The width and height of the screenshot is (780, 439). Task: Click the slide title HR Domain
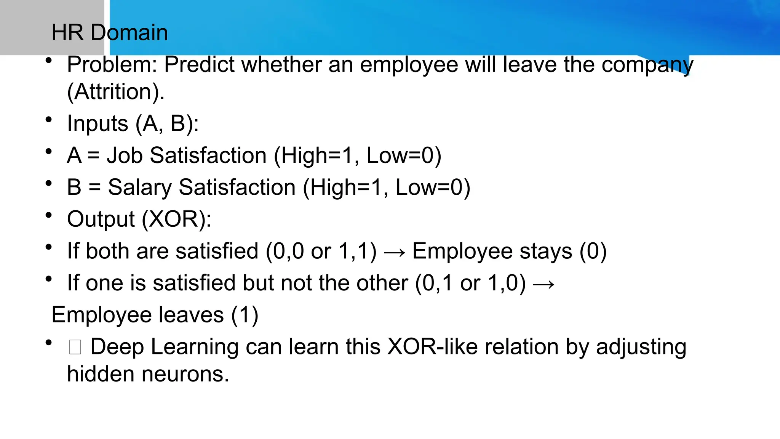click(109, 32)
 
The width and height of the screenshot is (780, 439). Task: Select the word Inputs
click(97, 124)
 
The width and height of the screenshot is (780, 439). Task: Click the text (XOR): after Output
click(177, 219)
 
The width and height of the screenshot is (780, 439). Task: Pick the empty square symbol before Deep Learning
click(75, 347)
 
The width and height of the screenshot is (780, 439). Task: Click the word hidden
click(101, 374)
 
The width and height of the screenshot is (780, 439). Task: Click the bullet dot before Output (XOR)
click(48, 215)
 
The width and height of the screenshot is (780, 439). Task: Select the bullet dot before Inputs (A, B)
click(48, 120)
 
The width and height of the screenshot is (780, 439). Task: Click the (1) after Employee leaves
click(245, 315)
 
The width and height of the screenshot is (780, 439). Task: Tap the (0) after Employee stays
click(593, 252)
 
